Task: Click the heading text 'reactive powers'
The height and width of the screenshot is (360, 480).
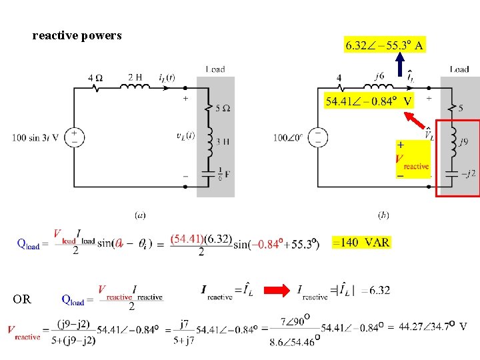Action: [77, 36]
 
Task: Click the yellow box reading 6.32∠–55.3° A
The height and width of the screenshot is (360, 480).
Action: [384, 45]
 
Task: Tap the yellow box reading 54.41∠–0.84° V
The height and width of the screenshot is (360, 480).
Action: [369, 101]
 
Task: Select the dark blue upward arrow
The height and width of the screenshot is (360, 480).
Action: [398, 67]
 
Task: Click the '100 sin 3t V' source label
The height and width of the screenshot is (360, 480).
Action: [36, 138]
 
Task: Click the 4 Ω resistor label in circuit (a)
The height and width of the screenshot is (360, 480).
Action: [95, 78]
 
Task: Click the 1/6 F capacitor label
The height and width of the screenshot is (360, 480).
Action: [221, 174]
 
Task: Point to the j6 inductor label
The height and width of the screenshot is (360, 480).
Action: [379, 76]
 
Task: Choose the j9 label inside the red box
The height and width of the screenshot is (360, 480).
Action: [464, 141]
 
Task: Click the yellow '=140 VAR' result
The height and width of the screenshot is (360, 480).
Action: [361, 242]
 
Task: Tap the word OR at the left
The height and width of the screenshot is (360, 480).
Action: [22, 299]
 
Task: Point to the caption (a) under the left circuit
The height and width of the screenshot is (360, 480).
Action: [140, 215]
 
